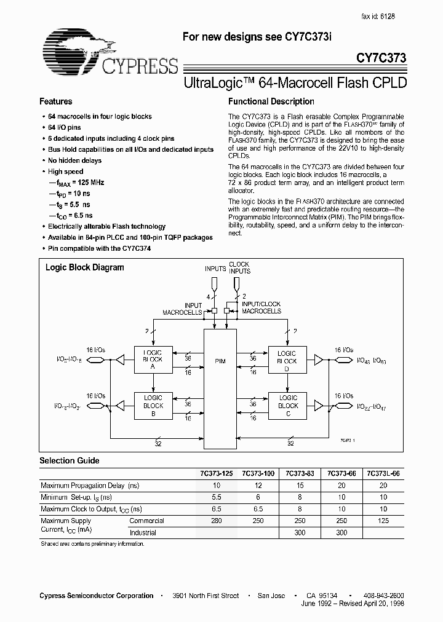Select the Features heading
[56, 101]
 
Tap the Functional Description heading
[271, 101]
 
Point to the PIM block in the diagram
[220, 361]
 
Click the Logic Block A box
[153, 359]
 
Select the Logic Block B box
[153, 406]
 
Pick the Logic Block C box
[287, 406]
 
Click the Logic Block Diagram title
[85, 267]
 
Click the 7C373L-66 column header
[385, 473]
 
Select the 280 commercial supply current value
[215, 521]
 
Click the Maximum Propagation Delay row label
[90, 486]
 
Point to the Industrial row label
[143, 533]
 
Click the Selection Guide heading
[70, 460]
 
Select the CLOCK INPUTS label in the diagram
[239, 267]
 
